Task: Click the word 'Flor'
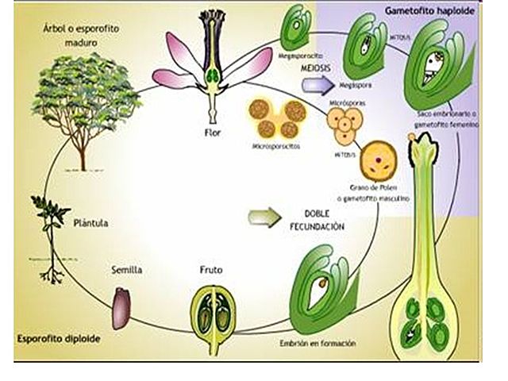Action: click(211, 133)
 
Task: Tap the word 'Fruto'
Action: click(210, 270)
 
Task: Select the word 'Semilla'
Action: click(125, 270)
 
